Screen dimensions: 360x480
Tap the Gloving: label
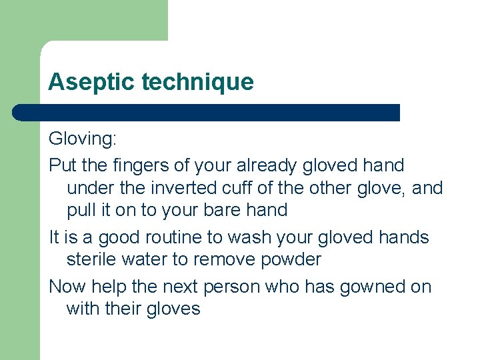pyautogui.click(x=82, y=140)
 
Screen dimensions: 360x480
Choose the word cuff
pyautogui.click(x=252, y=188)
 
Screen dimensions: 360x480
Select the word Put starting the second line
pyautogui.click(x=62, y=164)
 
